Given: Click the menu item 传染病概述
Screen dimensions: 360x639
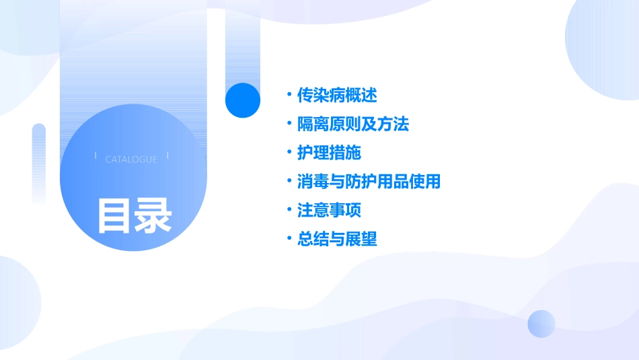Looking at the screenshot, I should [337, 95].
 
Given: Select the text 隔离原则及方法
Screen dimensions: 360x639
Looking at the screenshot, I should [353, 124].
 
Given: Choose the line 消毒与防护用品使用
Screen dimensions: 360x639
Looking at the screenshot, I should [369, 181].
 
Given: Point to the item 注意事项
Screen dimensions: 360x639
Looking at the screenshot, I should [329, 210].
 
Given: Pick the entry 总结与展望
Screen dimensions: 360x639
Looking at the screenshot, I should [337, 239].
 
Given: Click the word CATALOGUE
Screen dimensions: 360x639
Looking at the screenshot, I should [131, 159].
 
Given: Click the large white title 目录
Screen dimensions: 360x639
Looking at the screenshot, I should [135, 215].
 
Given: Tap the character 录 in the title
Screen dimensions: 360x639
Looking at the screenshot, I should [154, 215].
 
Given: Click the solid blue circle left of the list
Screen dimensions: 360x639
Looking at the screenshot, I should [243, 100].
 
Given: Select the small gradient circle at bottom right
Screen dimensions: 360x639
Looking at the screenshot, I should [541, 324].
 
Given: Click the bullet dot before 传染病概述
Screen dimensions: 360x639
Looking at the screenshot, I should [289, 95].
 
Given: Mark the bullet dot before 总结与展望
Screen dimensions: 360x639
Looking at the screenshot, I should [289, 239].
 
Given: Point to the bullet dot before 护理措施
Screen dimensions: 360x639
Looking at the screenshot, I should [289, 153].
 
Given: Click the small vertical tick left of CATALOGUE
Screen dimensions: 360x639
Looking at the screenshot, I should [96, 155].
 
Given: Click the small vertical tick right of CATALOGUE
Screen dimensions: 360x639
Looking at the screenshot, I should [167, 155].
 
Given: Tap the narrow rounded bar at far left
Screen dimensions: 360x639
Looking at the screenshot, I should [39, 161].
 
